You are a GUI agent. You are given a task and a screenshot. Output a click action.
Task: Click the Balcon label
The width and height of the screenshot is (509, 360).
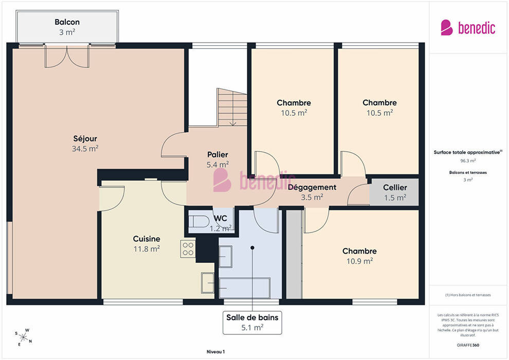[67, 22]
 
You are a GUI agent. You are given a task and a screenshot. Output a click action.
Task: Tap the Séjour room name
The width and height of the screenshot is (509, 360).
[85, 139]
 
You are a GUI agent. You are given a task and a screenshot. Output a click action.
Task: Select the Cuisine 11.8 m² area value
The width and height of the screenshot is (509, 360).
[147, 249]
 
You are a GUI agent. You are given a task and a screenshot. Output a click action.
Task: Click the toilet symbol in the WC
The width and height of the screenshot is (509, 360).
[199, 222]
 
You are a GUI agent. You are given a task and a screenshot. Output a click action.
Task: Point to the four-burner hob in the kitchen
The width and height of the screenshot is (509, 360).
[188, 249]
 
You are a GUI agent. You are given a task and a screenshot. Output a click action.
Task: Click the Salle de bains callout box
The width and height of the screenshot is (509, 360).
[252, 322]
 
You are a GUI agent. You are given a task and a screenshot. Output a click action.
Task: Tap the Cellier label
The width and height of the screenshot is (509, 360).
[395, 187]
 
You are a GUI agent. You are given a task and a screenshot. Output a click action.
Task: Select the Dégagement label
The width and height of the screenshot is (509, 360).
[312, 187]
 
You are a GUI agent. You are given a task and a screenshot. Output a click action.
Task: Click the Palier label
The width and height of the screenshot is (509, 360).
[217, 154]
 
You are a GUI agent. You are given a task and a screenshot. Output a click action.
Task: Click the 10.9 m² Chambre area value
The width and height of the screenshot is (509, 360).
[359, 261]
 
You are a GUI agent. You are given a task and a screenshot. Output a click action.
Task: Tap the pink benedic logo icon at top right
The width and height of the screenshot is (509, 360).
[447, 28]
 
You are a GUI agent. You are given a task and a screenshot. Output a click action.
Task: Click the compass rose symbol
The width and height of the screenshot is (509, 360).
[23, 337]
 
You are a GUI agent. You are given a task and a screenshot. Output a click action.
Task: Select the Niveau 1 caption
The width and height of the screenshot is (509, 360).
[215, 352]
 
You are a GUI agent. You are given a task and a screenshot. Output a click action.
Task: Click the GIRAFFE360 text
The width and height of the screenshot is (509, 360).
[468, 345]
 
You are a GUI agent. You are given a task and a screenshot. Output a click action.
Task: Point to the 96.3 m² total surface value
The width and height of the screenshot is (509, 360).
[468, 160]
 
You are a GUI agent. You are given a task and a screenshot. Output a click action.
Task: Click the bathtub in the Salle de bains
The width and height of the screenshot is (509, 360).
[244, 288]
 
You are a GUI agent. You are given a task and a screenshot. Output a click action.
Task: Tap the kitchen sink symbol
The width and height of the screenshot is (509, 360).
[207, 283]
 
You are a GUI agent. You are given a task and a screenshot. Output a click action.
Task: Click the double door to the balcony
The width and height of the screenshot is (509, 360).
[67, 57]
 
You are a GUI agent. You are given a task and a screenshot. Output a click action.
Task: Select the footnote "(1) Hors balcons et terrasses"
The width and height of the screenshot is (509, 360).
[468, 295]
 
